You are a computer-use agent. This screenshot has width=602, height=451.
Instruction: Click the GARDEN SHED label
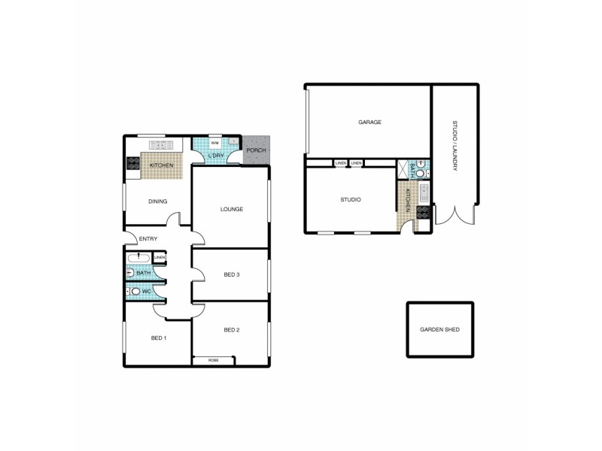tap(440, 330)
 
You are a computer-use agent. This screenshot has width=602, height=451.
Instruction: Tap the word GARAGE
tap(369, 122)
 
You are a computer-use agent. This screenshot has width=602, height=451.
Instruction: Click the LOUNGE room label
tap(231, 209)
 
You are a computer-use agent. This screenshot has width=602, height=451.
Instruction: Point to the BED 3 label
tap(231, 274)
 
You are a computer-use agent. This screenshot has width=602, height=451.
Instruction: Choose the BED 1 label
tap(158, 338)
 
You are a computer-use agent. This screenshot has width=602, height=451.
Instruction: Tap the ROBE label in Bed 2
tap(214, 360)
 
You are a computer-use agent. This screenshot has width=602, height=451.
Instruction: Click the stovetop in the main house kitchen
tap(133, 163)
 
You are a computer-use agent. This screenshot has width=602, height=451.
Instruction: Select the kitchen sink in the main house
tap(161, 144)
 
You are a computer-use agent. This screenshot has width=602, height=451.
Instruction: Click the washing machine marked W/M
tap(214, 143)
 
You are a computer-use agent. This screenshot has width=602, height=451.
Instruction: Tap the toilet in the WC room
tap(135, 292)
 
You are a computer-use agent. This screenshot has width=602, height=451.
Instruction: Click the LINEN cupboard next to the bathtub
tap(160, 259)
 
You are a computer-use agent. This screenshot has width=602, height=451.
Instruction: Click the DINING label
tap(157, 201)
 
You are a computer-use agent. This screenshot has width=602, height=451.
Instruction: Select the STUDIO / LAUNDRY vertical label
tap(455, 146)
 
